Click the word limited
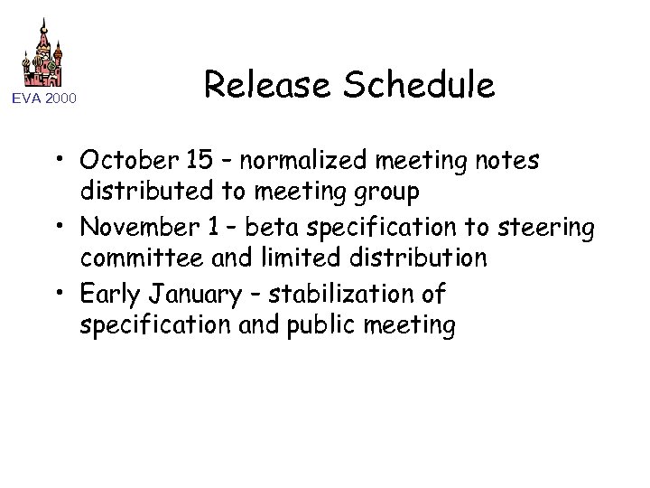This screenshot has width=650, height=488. click(x=281, y=258)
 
